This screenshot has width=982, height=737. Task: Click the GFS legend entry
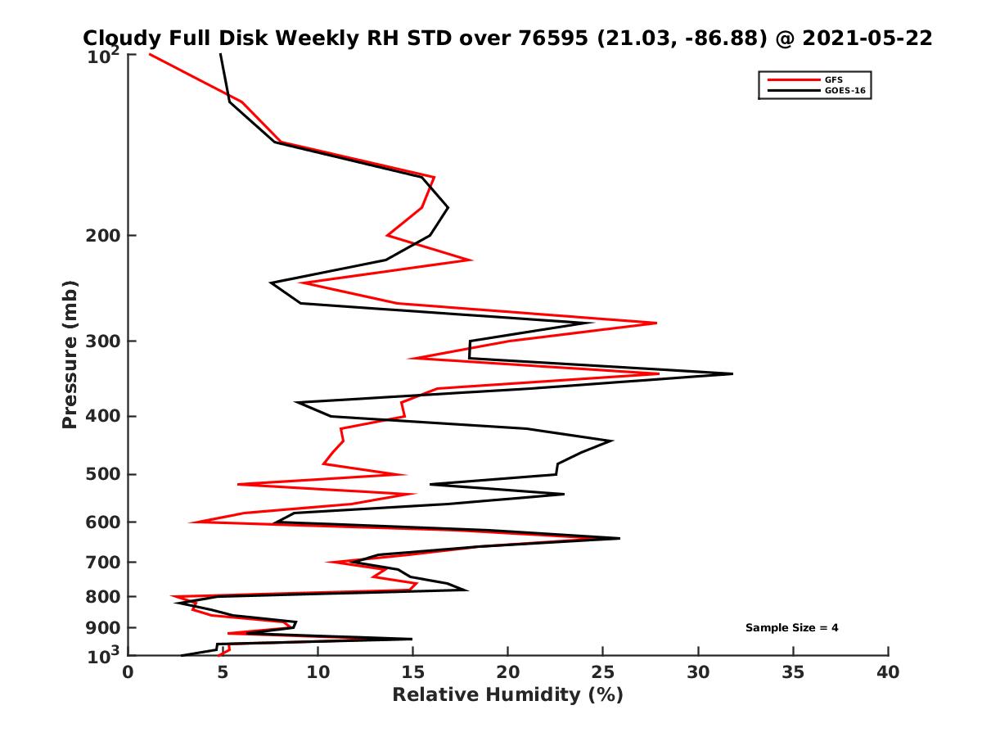[832, 79]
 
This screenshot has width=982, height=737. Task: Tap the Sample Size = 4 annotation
[791, 628]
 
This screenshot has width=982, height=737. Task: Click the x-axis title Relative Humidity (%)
[507, 695]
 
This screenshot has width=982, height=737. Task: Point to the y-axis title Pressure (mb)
[70, 354]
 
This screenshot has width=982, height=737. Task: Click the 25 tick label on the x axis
[603, 672]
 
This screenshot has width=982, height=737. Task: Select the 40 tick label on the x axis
[888, 672]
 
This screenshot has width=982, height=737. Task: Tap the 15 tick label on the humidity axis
[412, 672]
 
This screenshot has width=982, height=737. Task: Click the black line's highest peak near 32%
[732, 373]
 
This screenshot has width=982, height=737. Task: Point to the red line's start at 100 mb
[149, 54]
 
